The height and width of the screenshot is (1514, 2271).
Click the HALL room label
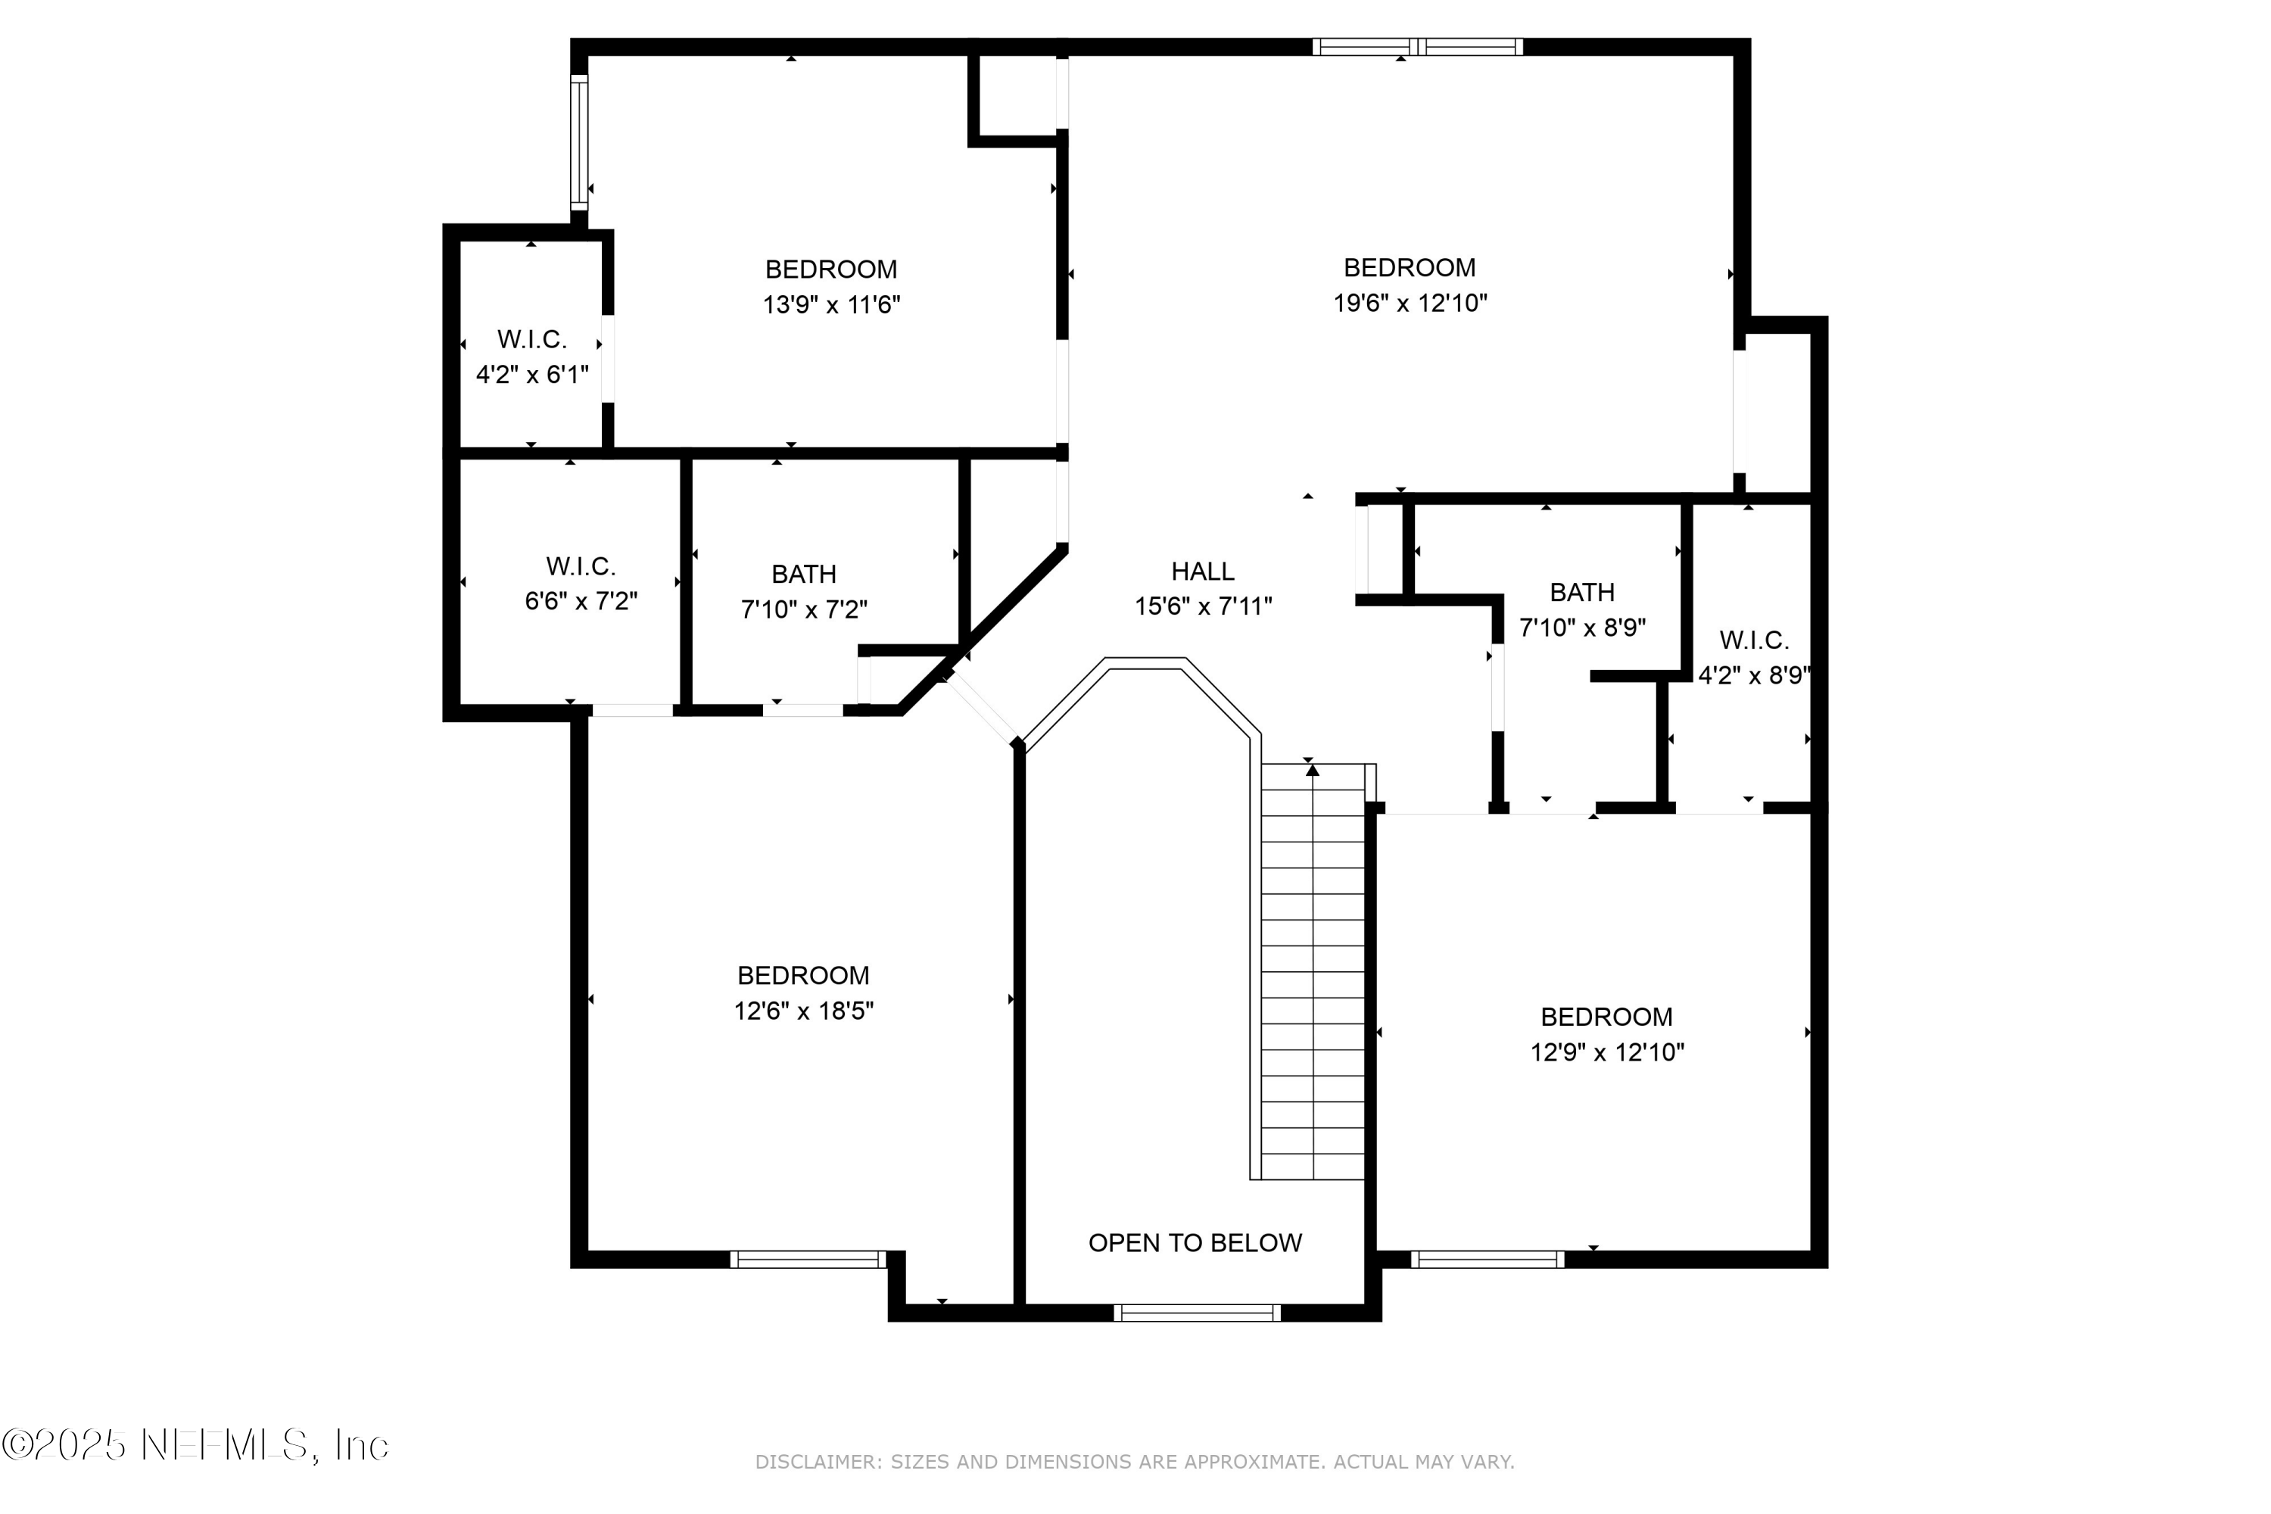[1202, 572]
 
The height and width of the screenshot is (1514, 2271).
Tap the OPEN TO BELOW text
[1195, 1243]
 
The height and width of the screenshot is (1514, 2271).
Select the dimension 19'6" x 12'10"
[1410, 304]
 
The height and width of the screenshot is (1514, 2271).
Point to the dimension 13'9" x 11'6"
[831, 305]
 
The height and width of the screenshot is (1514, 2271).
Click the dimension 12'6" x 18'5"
[803, 1011]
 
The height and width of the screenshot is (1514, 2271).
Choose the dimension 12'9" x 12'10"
[1606, 1052]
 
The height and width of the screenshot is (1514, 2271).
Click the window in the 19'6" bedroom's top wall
[1416, 46]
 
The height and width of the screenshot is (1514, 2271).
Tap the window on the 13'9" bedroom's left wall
[578, 142]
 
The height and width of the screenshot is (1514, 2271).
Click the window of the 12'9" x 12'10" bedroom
[1486, 1259]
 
